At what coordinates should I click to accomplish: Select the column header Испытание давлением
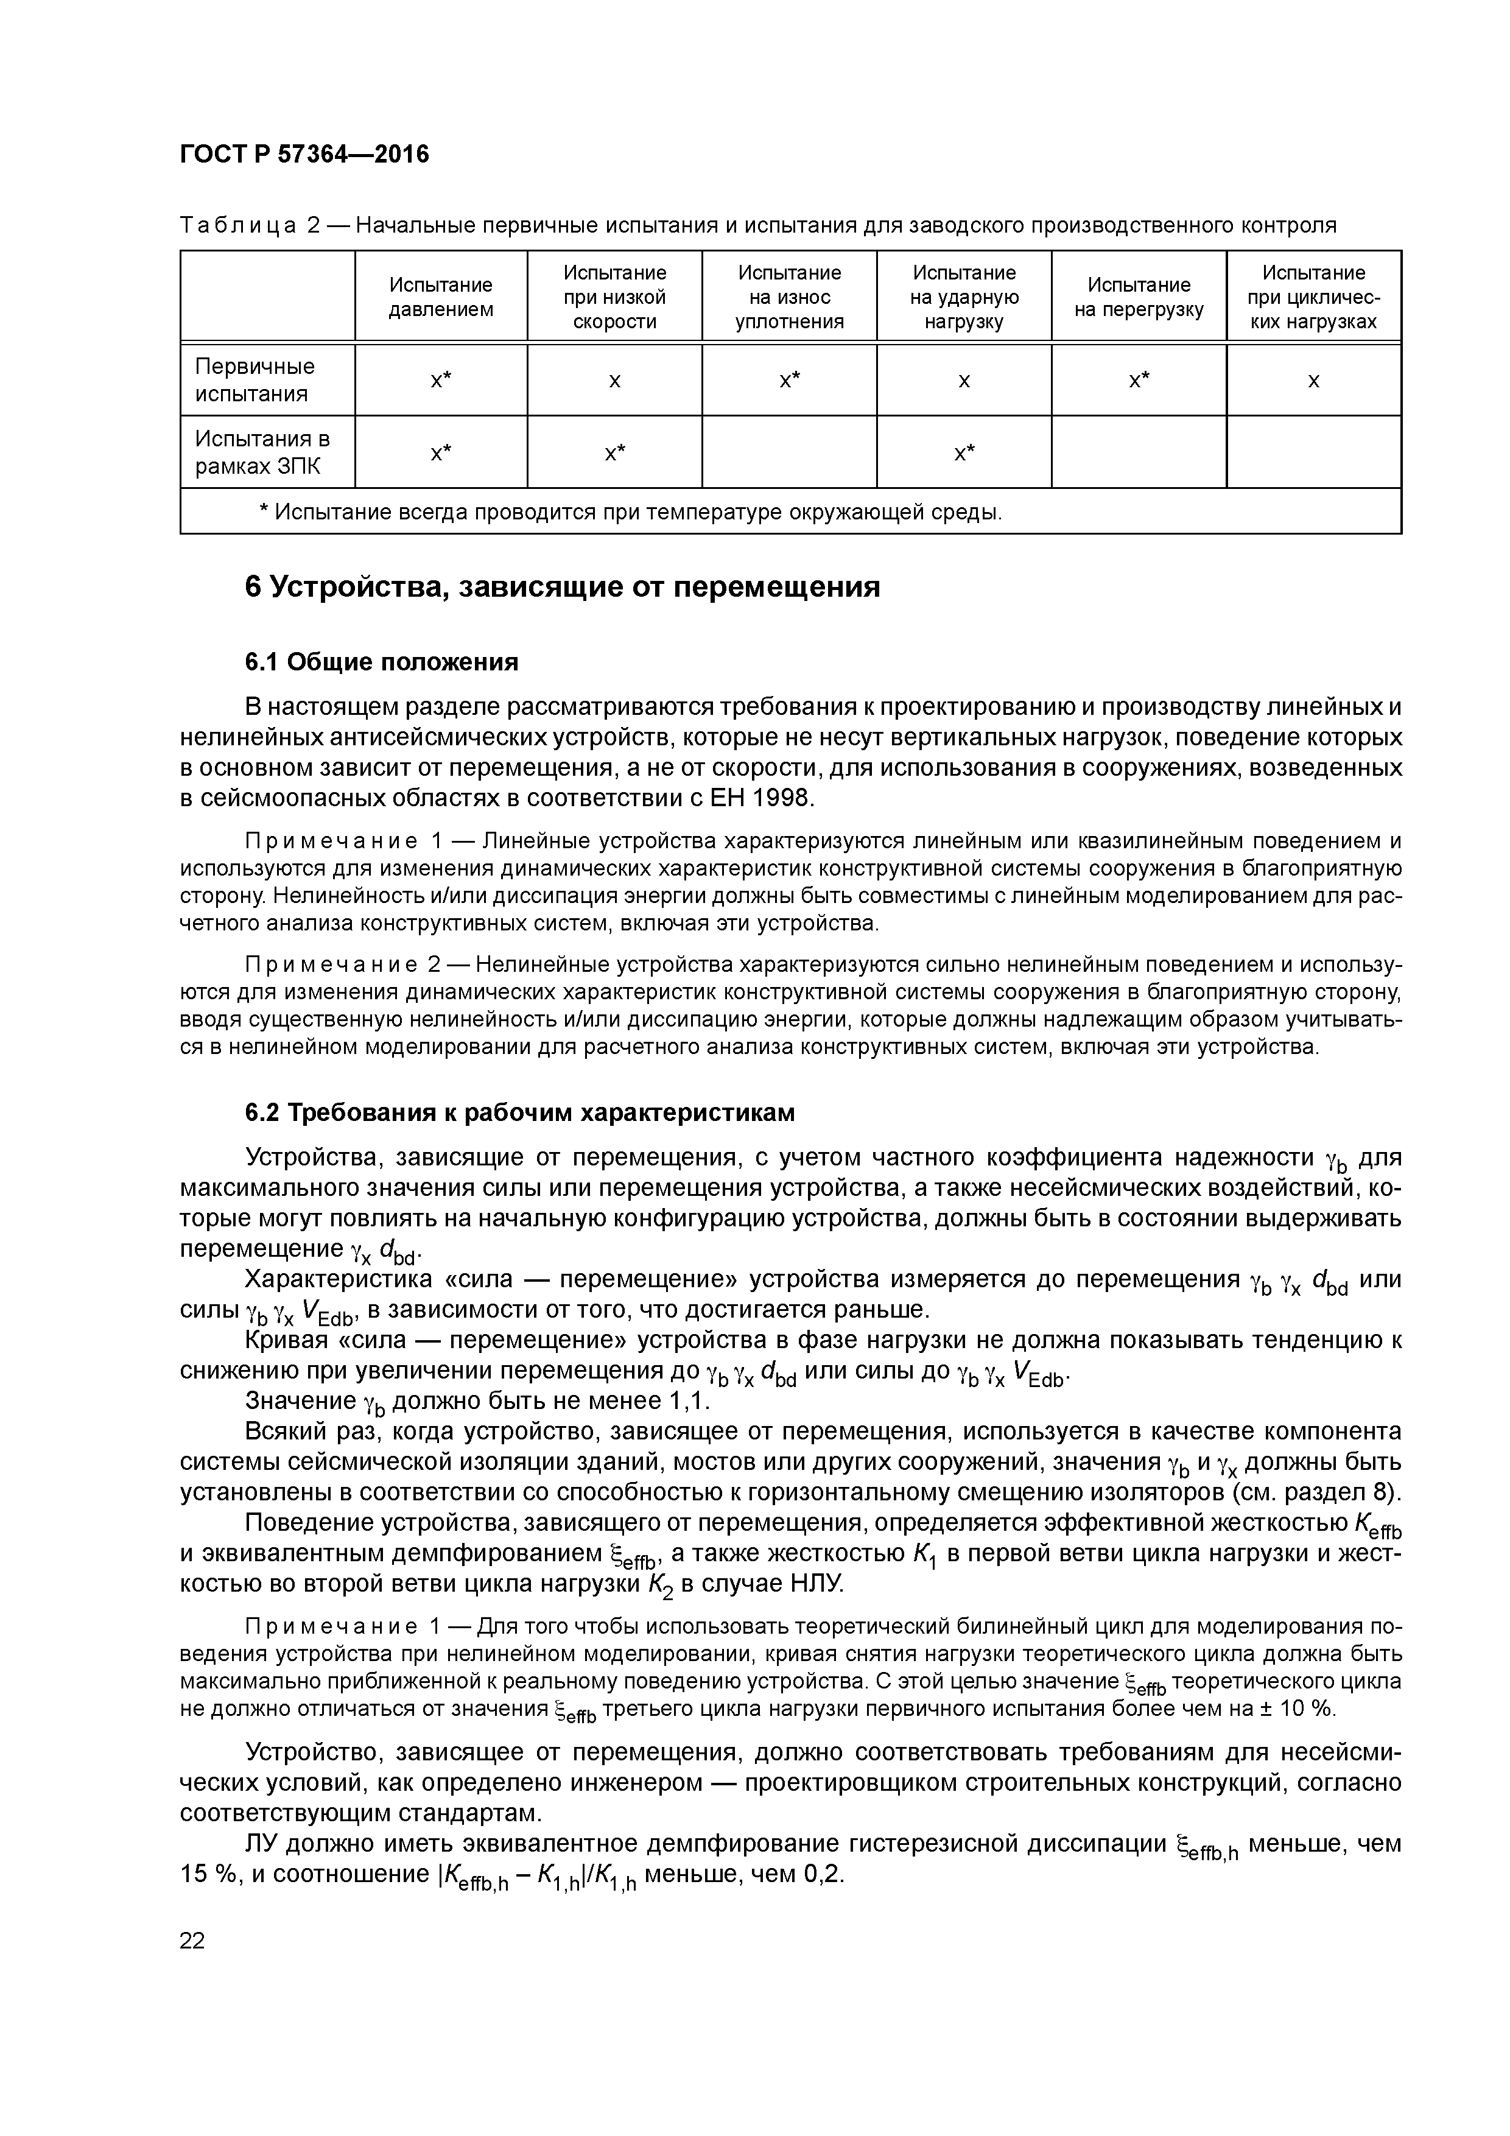[440, 297]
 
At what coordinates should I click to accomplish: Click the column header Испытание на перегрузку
[1139, 297]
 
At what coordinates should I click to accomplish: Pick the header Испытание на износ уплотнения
[789, 297]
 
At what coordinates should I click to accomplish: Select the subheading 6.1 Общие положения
[381, 662]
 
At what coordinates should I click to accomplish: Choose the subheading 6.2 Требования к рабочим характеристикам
[520, 1112]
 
